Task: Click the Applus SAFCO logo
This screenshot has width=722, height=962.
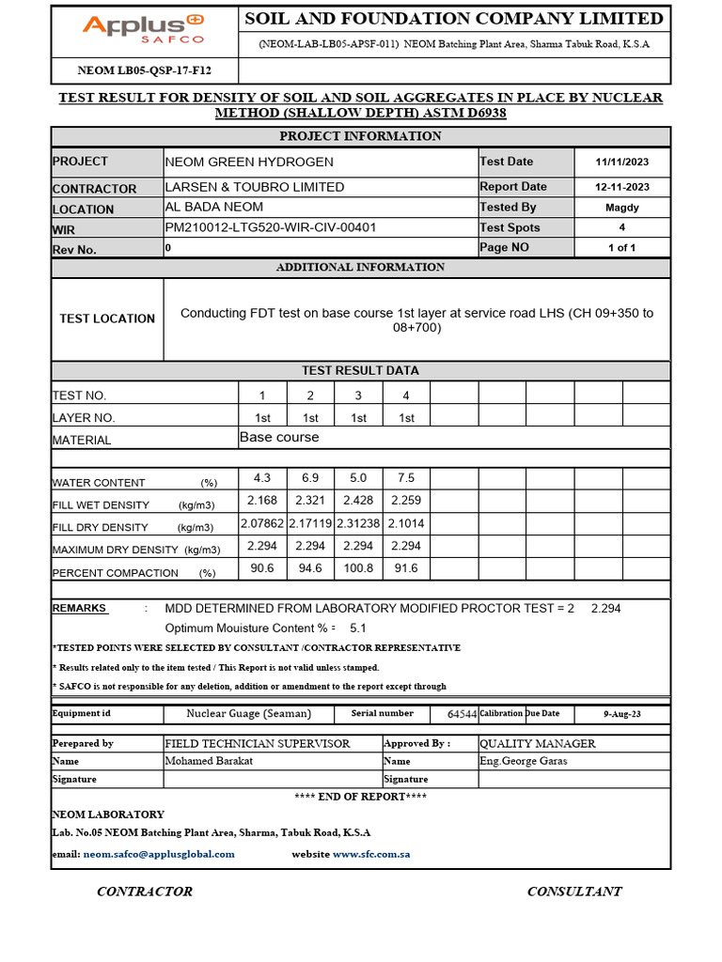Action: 143,29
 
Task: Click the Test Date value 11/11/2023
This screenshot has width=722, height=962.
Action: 621,162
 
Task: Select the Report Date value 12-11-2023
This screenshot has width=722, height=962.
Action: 621,187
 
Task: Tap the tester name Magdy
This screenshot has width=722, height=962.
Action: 621,208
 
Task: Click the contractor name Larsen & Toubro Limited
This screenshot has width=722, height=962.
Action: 255,187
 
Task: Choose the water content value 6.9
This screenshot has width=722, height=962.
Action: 310,477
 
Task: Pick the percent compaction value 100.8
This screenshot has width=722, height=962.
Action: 358,568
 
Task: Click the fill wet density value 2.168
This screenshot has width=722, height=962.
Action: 262,500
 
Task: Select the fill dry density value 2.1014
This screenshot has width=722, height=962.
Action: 406,523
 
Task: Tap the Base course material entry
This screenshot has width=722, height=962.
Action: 279,438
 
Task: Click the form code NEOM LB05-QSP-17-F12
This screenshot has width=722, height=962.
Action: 144,70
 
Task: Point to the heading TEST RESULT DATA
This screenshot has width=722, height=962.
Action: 360,370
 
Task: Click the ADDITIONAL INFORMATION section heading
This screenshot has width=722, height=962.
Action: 360,268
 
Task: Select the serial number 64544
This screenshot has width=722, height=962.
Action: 462,715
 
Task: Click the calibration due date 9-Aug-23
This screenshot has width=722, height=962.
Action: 621,715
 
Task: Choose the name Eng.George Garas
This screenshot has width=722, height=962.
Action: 523,761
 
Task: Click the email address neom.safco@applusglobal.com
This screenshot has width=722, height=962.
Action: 159,854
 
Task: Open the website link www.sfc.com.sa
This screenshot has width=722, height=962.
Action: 371,854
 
